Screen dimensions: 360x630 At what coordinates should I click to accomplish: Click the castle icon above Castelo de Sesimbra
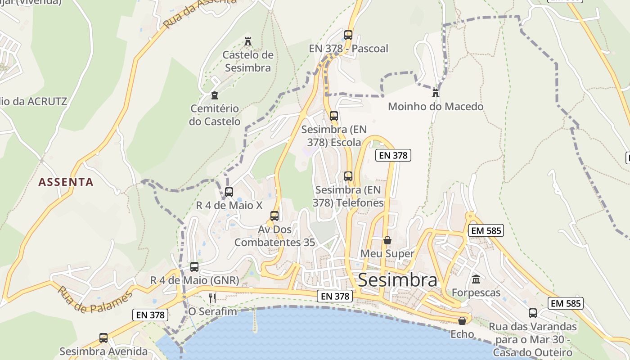tap(247, 42)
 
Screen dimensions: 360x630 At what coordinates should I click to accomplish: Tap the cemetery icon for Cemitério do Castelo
tap(214, 95)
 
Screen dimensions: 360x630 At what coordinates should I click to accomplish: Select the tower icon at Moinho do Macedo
tap(435, 93)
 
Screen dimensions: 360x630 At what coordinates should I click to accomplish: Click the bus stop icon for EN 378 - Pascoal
tap(348, 35)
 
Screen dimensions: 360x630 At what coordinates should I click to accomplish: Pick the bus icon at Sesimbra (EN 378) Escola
tap(333, 116)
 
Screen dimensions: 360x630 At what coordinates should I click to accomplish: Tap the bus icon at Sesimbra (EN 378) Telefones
tap(348, 176)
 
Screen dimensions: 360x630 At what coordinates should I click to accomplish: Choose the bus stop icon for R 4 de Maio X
tap(229, 192)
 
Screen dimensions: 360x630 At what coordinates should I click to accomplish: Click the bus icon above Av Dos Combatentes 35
tap(274, 216)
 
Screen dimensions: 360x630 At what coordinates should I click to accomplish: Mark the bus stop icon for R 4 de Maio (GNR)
tap(194, 267)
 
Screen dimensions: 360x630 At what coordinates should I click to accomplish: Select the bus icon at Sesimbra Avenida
tap(103, 338)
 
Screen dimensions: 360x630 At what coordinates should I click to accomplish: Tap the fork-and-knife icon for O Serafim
tap(212, 298)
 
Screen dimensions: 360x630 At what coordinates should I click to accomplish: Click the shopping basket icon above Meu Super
tap(387, 240)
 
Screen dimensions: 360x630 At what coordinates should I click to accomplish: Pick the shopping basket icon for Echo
tap(462, 321)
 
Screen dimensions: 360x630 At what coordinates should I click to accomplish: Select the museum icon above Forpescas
tap(476, 279)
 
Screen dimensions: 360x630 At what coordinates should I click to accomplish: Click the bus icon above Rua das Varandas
tap(532, 313)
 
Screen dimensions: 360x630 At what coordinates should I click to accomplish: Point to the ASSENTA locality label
tap(66, 182)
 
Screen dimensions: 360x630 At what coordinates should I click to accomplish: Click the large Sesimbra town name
tap(397, 280)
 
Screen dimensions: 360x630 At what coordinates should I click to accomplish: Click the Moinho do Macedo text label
tap(435, 107)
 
